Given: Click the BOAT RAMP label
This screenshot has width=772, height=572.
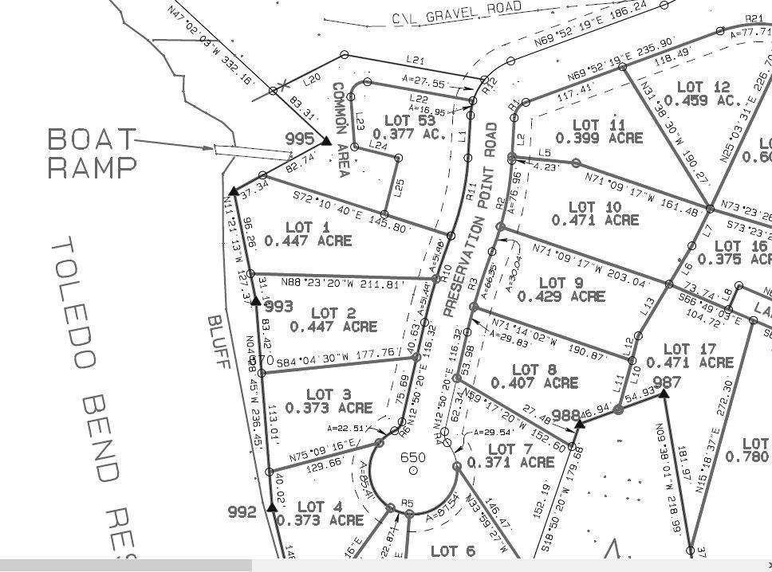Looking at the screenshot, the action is click(92, 153).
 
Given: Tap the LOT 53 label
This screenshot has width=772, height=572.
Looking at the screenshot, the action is click(409, 120).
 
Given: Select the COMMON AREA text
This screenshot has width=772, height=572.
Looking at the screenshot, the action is click(341, 130).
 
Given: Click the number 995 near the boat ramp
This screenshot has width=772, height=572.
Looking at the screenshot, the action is click(300, 139).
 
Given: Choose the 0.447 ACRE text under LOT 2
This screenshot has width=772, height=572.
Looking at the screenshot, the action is click(333, 327).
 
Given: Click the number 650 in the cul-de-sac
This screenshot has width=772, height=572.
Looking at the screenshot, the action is click(413, 457).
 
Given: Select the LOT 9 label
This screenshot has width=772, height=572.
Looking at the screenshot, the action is click(561, 283).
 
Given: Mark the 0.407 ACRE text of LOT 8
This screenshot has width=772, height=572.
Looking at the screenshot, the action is click(534, 383).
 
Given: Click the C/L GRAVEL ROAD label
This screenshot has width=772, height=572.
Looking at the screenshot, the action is click(456, 12).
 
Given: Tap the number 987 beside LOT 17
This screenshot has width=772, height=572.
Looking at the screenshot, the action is click(667, 382).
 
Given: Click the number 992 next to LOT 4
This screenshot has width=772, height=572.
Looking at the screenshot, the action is click(242, 512).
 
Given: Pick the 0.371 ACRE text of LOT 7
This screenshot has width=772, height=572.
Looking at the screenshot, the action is click(510, 462).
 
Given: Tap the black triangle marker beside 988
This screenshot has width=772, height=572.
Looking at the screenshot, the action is click(580, 423).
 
